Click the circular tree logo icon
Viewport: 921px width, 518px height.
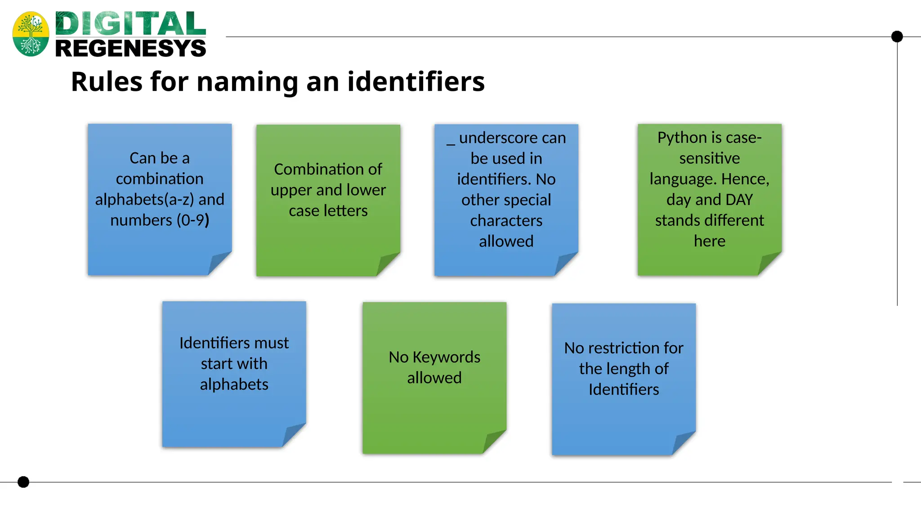31,34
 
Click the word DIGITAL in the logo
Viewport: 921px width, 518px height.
130,24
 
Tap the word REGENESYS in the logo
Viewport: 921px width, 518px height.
130,49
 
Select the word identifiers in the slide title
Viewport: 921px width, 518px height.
416,82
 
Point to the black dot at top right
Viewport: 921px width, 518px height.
897,36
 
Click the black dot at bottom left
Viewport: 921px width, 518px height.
23,482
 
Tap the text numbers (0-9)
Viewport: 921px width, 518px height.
160,220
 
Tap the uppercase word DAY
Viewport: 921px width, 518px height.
738,200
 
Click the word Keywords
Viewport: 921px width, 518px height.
446,357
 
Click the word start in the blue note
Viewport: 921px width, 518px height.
215,364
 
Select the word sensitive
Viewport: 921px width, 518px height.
709,158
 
